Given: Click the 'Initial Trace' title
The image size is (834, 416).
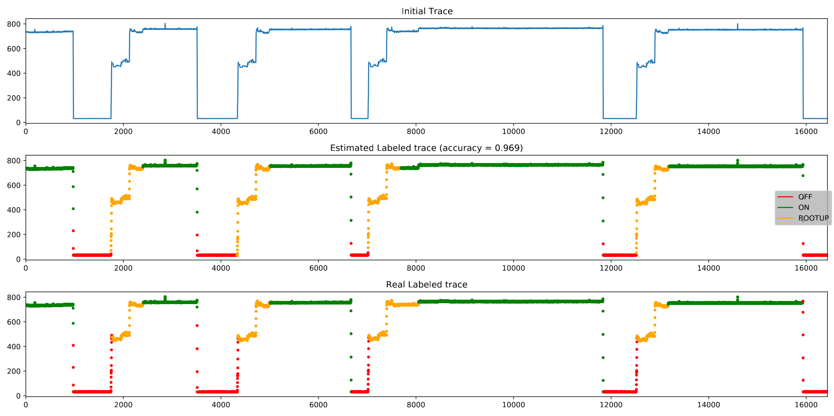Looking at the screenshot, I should pos(426,11).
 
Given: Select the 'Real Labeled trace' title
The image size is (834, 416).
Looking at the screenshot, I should pos(426,285).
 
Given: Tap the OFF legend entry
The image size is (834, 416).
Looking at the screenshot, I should pos(804,197).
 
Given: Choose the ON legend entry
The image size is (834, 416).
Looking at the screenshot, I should pos(804,208).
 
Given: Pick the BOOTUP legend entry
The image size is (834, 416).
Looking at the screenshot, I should pos(813,218).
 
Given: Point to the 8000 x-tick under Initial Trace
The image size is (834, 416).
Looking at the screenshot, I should pos(416,131).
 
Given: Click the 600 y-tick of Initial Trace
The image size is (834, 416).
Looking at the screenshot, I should pos(14,48).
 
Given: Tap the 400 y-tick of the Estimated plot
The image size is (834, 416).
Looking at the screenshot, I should pos(14,210).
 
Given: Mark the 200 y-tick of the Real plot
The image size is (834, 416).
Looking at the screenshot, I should pos(14,371).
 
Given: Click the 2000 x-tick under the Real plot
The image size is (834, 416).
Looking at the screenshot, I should pos(123,405).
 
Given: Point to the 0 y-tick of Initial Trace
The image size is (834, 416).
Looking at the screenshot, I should pos(19,123).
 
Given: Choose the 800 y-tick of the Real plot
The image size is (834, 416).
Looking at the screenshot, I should pos(14,297).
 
